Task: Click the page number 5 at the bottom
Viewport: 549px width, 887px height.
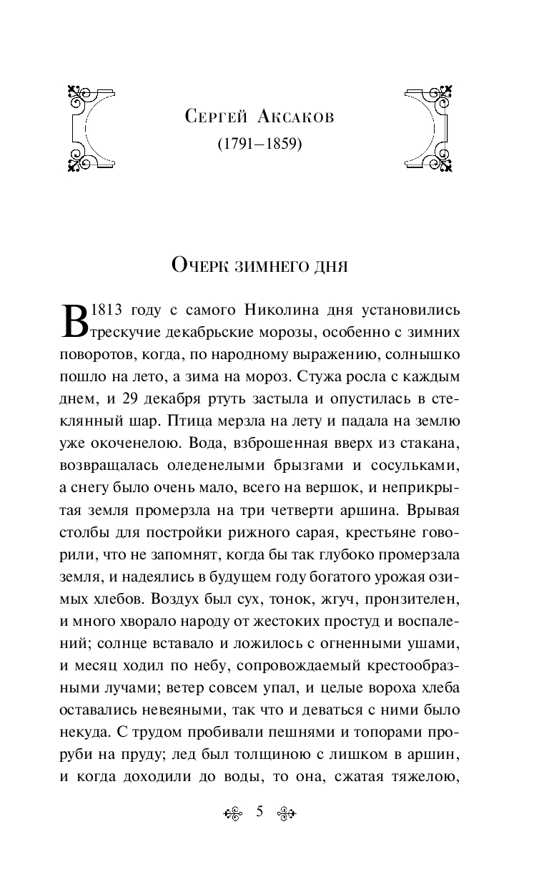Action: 259,811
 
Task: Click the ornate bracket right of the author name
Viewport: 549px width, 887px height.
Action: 429,129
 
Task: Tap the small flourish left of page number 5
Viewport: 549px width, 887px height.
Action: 234,813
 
